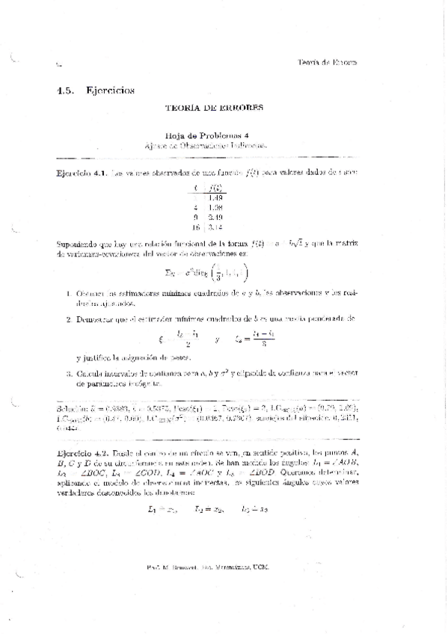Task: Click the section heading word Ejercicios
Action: [x=110, y=90]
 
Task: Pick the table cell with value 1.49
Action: [x=216, y=197]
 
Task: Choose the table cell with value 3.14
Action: [x=216, y=227]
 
